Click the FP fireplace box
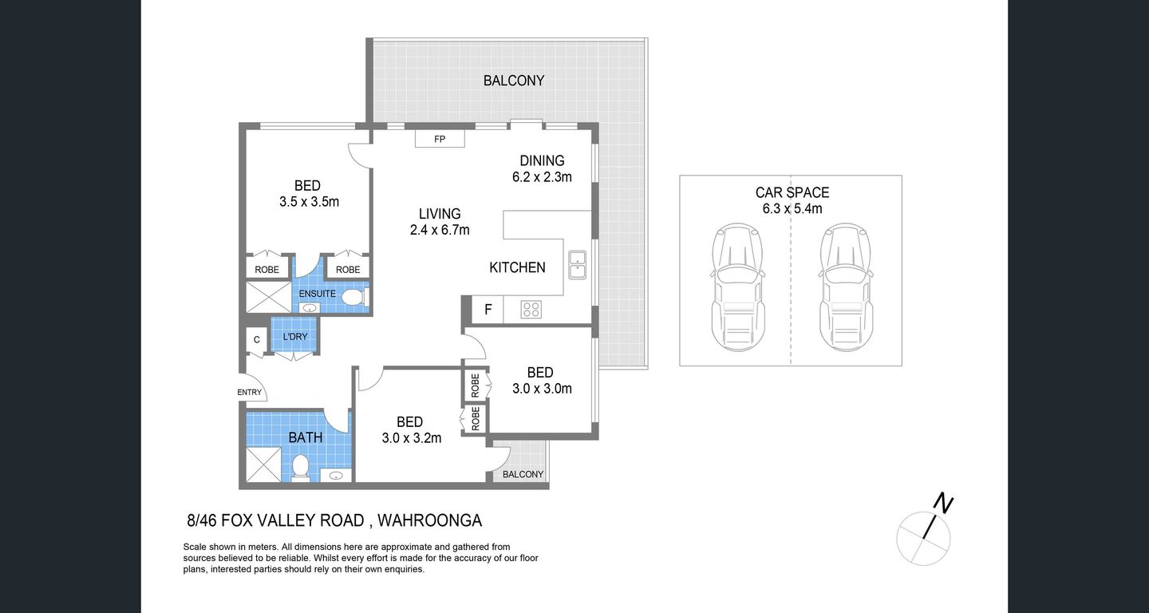439,140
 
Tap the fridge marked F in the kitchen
488,310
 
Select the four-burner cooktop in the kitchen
531,310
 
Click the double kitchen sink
577,264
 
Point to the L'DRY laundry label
294,336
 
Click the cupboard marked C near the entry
256,340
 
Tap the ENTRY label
250,392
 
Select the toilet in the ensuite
352,298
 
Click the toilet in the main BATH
301,467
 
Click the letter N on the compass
943,504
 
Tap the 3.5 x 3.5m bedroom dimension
309,202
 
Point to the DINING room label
542,161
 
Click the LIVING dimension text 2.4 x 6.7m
440,231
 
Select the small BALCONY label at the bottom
523,474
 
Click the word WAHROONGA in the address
429,521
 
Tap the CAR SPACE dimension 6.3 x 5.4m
792,209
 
